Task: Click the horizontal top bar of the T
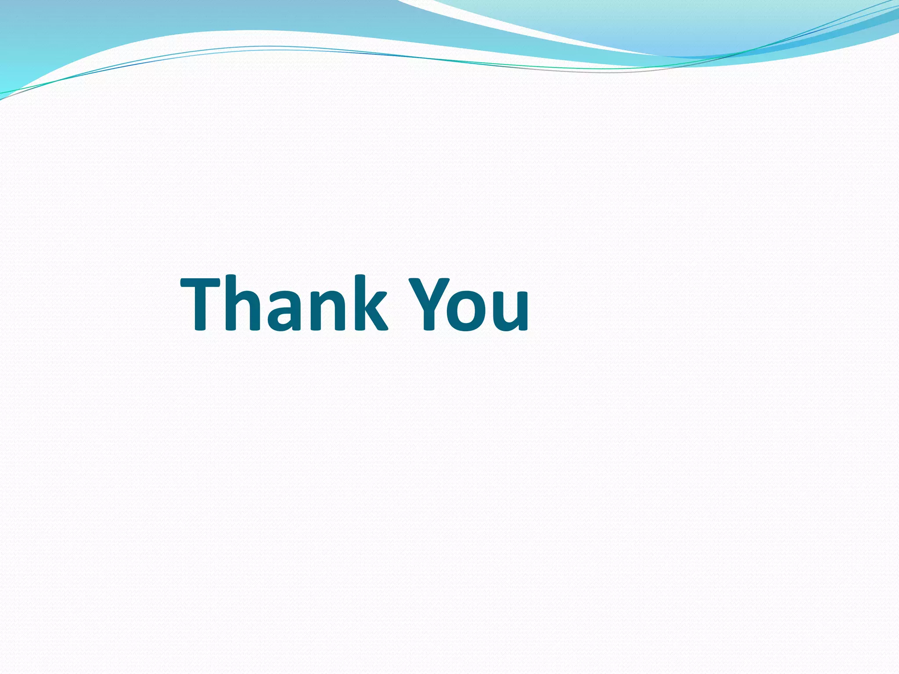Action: pos(206,283)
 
